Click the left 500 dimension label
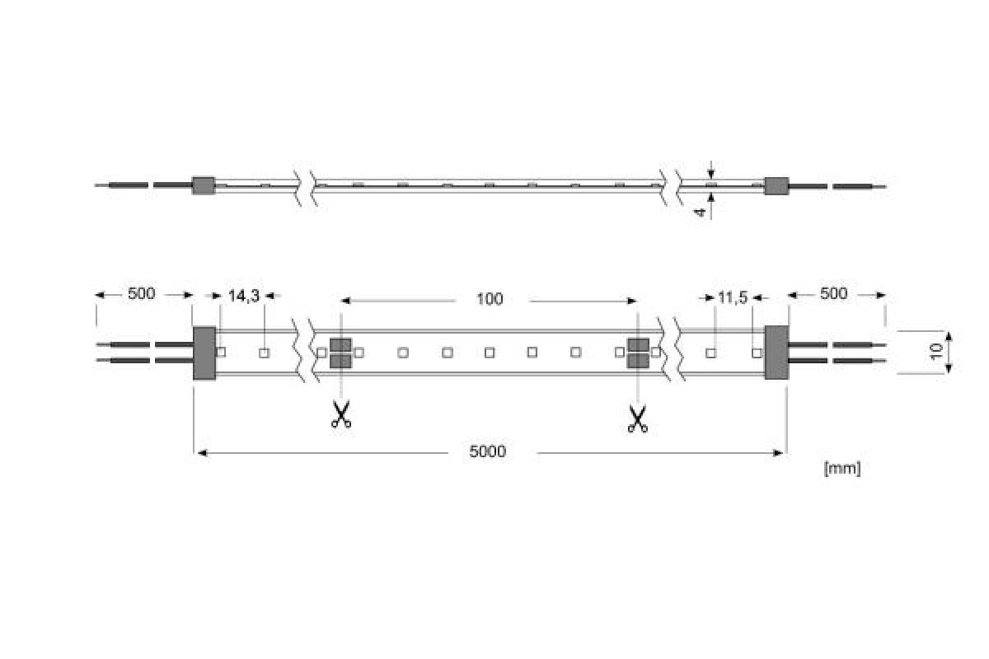pyautogui.click(x=141, y=293)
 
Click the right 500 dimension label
pyautogui.click(x=833, y=293)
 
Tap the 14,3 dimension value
pyautogui.click(x=244, y=297)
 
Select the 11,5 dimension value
pyautogui.click(x=733, y=298)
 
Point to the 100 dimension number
pyautogui.click(x=490, y=299)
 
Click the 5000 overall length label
pyautogui.click(x=487, y=451)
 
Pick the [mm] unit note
pyautogui.click(x=842, y=469)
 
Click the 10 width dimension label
pyautogui.click(x=936, y=352)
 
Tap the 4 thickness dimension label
pyautogui.click(x=700, y=213)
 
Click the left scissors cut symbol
pyautogui.click(x=341, y=414)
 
